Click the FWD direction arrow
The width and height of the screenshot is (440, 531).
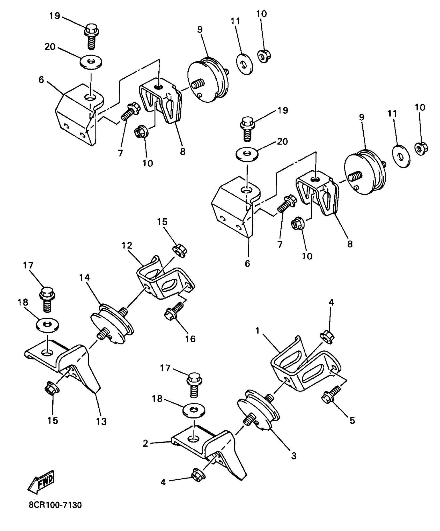point(41,483)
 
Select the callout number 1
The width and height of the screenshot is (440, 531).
point(257,331)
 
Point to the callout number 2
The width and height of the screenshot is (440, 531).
point(145,444)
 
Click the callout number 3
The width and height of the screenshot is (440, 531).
point(294,456)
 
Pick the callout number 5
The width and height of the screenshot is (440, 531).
point(352,420)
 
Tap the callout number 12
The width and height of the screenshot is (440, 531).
point(127,245)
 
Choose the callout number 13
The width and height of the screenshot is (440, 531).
point(101,422)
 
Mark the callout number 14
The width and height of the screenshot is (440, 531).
point(84,278)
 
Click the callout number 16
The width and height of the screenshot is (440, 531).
point(190,339)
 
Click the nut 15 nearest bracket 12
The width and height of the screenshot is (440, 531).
point(180,250)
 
